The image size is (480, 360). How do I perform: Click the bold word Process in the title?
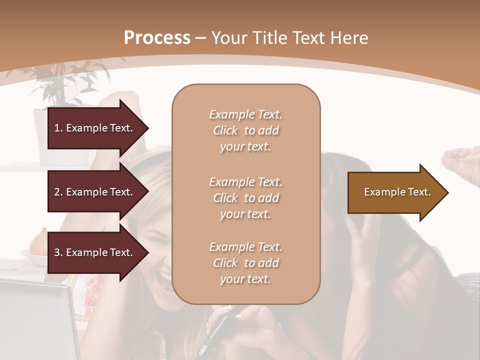(157, 37)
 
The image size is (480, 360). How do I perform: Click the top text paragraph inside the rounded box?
(245, 130)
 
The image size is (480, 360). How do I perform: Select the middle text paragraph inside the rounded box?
(245, 198)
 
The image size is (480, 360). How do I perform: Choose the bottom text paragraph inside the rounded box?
(245, 263)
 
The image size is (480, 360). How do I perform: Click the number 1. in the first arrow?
(58, 128)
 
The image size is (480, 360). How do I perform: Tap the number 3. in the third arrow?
(58, 252)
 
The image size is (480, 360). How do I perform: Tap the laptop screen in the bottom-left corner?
(30, 320)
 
